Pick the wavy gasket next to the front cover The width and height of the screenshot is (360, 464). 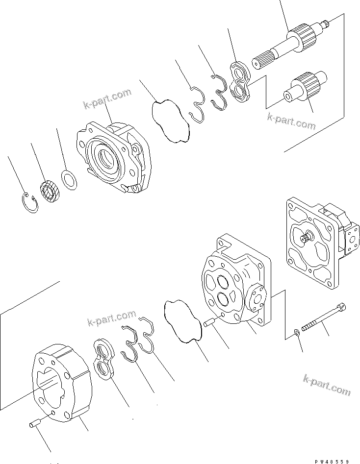point(171,121)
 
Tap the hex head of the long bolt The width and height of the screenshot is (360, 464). point(342,307)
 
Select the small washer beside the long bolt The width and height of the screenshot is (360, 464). point(297,333)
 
